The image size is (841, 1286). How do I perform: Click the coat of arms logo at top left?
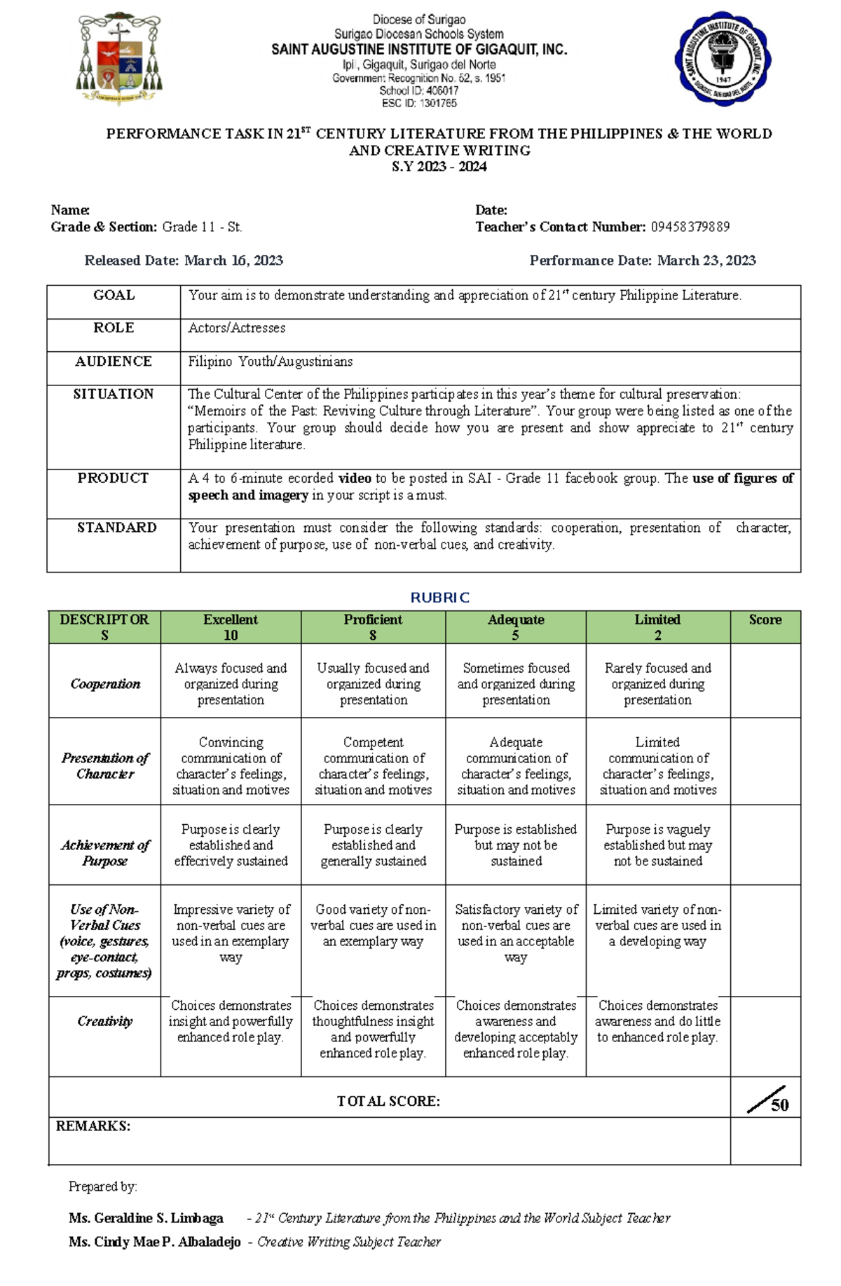119,60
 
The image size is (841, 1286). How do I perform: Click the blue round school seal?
723,59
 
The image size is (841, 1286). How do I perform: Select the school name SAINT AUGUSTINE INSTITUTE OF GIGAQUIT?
419,50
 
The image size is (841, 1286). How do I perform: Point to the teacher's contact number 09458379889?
690,227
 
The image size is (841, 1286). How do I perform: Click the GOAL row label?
114,296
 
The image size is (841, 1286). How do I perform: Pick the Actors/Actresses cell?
237,328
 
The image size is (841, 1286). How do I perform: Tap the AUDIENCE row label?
114,362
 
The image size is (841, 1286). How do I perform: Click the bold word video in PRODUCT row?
355,479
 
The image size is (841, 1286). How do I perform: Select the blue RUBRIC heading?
439,598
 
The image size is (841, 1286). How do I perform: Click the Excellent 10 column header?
231,627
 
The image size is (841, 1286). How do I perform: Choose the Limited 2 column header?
657,627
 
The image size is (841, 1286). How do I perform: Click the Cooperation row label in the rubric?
105,684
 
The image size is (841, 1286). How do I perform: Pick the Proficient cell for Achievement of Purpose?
373,845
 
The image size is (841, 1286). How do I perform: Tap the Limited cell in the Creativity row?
657,1021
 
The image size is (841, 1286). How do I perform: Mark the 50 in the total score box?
779,1105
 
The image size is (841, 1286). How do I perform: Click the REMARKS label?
93,1126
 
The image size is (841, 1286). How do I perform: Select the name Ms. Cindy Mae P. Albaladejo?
154,1242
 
